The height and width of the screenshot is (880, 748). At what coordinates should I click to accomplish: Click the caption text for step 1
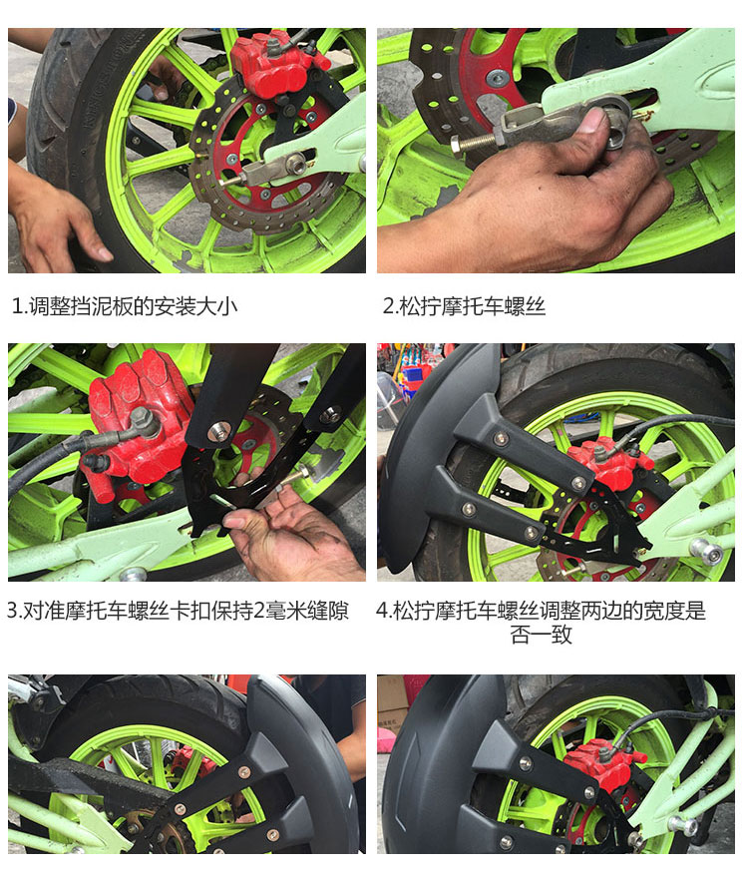pyautogui.click(x=125, y=306)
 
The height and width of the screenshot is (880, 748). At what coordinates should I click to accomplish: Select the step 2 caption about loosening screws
pyautogui.click(x=464, y=306)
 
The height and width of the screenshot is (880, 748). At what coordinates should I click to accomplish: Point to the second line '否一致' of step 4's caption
pyautogui.click(x=542, y=635)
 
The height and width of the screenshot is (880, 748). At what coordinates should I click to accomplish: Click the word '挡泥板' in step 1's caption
pyautogui.click(x=102, y=306)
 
